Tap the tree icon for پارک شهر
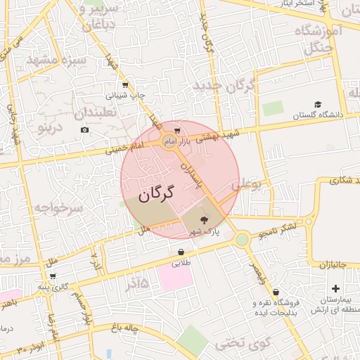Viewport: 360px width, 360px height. point(205,220)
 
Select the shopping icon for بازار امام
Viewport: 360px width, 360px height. point(177,130)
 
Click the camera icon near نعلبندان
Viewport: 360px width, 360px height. point(85,130)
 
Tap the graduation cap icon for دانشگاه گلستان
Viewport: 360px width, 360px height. point(318,104)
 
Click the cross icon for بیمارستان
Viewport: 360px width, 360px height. point(335,288)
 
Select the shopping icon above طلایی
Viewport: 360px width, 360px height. point(181,252)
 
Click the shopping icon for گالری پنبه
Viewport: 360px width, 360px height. point(53,276)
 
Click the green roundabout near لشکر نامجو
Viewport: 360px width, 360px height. point(243,240)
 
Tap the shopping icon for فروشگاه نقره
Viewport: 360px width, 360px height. point(276,292)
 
